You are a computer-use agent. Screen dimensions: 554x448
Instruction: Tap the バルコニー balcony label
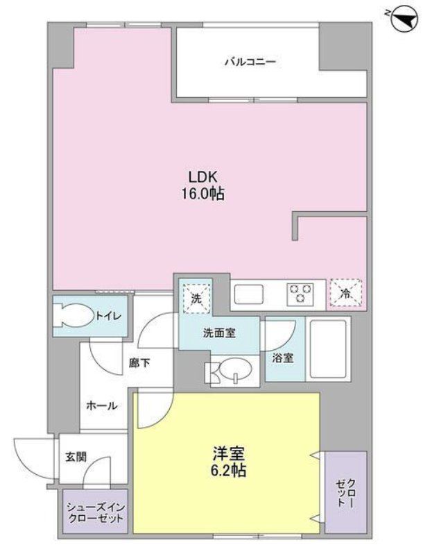[250, 62]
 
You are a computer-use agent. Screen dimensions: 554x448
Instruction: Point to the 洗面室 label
[218, 333]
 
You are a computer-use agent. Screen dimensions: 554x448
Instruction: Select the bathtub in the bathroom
[327, 349]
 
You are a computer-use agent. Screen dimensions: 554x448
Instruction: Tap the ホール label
[101, 406]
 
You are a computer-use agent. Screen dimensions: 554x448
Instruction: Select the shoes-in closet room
[96, 512]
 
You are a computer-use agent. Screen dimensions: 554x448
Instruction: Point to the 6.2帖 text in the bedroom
[227, 471]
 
